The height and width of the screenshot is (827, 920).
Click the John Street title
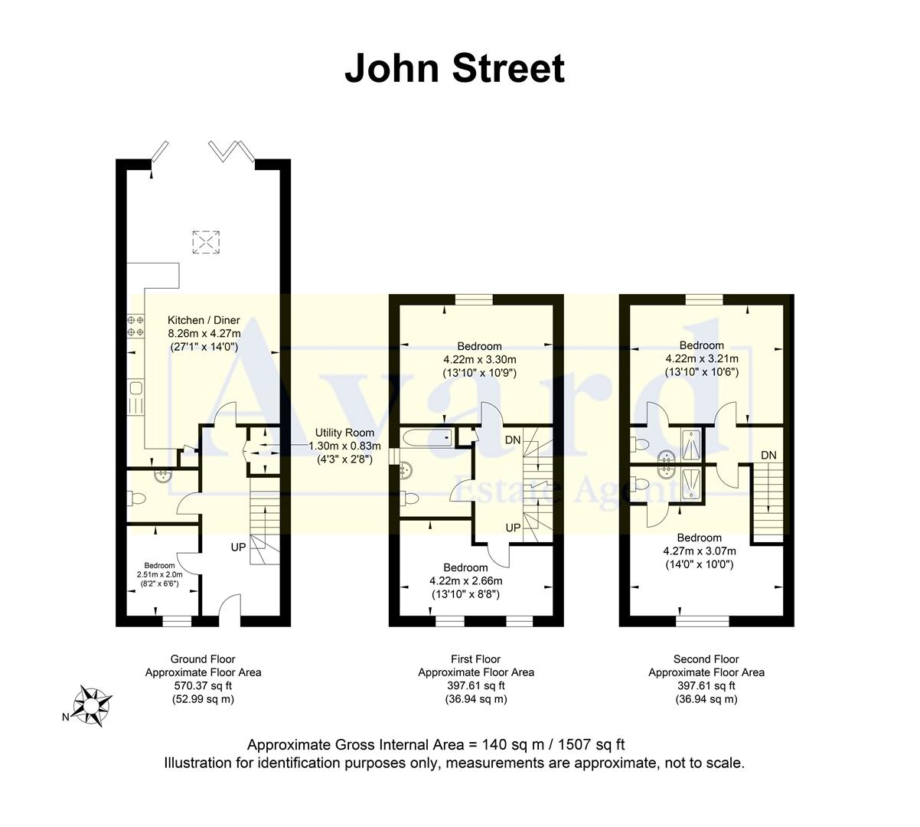(x=455, y=68)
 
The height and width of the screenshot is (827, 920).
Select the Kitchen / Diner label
(x=204, y=320)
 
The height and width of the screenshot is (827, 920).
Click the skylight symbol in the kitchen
(x=204, y=241)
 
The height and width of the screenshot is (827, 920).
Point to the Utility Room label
(x=341, y=433)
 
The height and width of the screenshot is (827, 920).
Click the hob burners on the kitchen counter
(x=135, y=325)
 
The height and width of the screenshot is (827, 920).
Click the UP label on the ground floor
(x=239, y=548)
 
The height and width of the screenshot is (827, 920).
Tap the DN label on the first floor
(x=514, y=440)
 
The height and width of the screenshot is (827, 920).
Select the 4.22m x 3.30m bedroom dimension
(x=480, y=360)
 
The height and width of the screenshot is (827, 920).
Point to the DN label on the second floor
(x=768, y=456)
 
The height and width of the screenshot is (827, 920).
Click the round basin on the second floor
(x=666, y=459)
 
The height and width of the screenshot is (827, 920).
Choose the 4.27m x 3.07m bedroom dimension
(x=699, y=551)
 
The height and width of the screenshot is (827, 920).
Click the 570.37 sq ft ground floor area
(x=203, y=686)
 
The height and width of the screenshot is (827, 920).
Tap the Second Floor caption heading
(x=706, y=659)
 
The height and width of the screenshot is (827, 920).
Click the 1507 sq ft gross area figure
(x=592, y=744)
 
